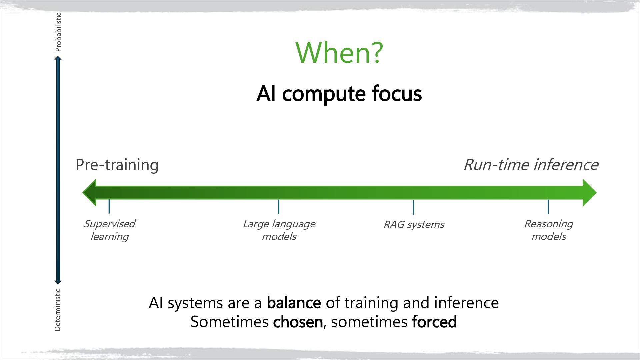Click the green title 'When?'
coord(339,53)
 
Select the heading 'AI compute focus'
coord(339,94)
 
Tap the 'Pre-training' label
coord(117,165)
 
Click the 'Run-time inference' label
coord(531,165)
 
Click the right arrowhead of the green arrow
coord(589,193)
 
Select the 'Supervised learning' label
coord(109,230)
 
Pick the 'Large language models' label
coord(279,230)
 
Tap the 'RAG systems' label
coord(413,225)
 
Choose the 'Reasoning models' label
coord(548,230)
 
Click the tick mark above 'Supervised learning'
coord(109,206)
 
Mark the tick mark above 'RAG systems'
coord(413,207)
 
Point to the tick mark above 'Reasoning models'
coord(548,207)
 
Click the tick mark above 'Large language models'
coord(278,207)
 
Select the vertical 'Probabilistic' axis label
coord(58,32)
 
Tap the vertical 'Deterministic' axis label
coord(58,310)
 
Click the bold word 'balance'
coord(294,303)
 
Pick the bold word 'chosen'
coord(298,322)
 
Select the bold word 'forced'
coord(434,322)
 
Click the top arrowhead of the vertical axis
coord(58,59)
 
